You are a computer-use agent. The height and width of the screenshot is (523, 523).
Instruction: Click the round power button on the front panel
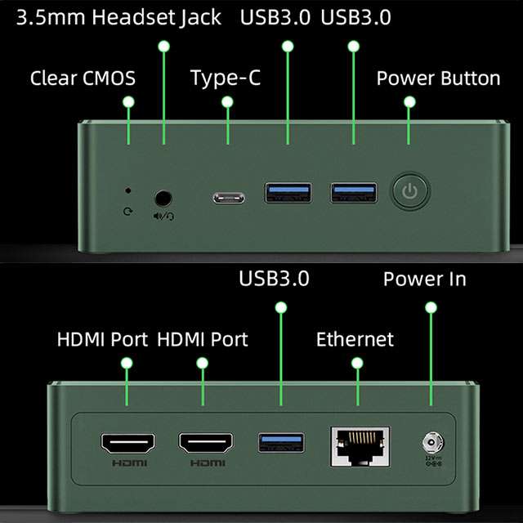410,191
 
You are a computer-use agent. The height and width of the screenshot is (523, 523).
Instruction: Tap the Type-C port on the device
229,198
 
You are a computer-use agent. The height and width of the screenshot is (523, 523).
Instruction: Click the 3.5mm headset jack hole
163,199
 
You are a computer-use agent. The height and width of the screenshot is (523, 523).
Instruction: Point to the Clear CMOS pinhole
127,190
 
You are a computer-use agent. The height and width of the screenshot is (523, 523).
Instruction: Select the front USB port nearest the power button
354,193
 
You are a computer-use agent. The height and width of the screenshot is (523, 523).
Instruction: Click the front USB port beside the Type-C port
288,193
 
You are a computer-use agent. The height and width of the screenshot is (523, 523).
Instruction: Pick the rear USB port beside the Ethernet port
281,443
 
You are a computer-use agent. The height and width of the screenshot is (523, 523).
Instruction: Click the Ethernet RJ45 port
360,447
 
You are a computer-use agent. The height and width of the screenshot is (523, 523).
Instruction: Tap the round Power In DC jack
432,443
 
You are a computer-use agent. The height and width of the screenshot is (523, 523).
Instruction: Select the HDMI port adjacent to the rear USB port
206,443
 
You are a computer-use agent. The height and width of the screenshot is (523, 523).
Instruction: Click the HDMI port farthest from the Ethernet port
127,444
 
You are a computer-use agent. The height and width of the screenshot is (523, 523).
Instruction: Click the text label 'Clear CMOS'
83,78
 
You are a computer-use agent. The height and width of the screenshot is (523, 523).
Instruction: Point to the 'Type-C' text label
226,78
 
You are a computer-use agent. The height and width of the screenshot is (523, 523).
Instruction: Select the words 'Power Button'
438,78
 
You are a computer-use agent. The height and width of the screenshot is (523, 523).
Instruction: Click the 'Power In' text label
425,279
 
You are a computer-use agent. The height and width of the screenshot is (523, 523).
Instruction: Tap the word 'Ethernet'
355,339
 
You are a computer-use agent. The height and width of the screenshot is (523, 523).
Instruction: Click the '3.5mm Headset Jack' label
118,17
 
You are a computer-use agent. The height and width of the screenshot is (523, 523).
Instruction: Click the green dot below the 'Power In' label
431,307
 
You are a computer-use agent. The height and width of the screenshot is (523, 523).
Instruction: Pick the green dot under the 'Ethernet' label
357,363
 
